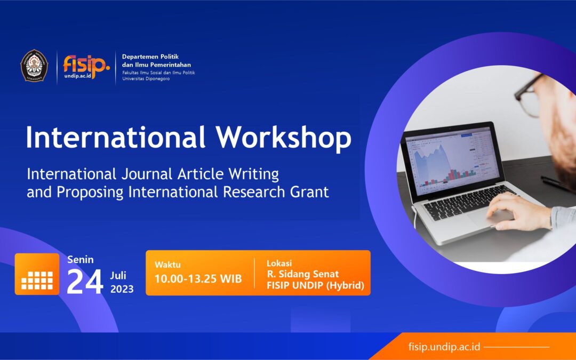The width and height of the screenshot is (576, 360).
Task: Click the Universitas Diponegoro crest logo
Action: click(34, 66)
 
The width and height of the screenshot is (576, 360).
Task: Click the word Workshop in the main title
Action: click(283, 138)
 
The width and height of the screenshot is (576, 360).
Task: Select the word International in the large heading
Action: click(116, 138)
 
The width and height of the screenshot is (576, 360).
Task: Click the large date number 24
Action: click(84, 283)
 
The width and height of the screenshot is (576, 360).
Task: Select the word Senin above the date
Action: click(81, 260)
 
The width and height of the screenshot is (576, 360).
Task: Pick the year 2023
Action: click(122, 290)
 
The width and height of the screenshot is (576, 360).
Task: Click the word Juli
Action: click(119, 276)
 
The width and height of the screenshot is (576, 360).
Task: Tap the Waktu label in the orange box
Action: click(167, 265)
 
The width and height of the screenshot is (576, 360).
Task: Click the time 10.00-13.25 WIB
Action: click(198, 279)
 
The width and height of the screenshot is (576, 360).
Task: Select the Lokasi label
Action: click(278, 263)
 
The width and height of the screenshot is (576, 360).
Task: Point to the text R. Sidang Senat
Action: click(302, 274)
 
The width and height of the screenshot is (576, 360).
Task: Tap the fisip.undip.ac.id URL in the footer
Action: click(443, 347)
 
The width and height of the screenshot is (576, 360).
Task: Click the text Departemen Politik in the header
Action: click(150, 57)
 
